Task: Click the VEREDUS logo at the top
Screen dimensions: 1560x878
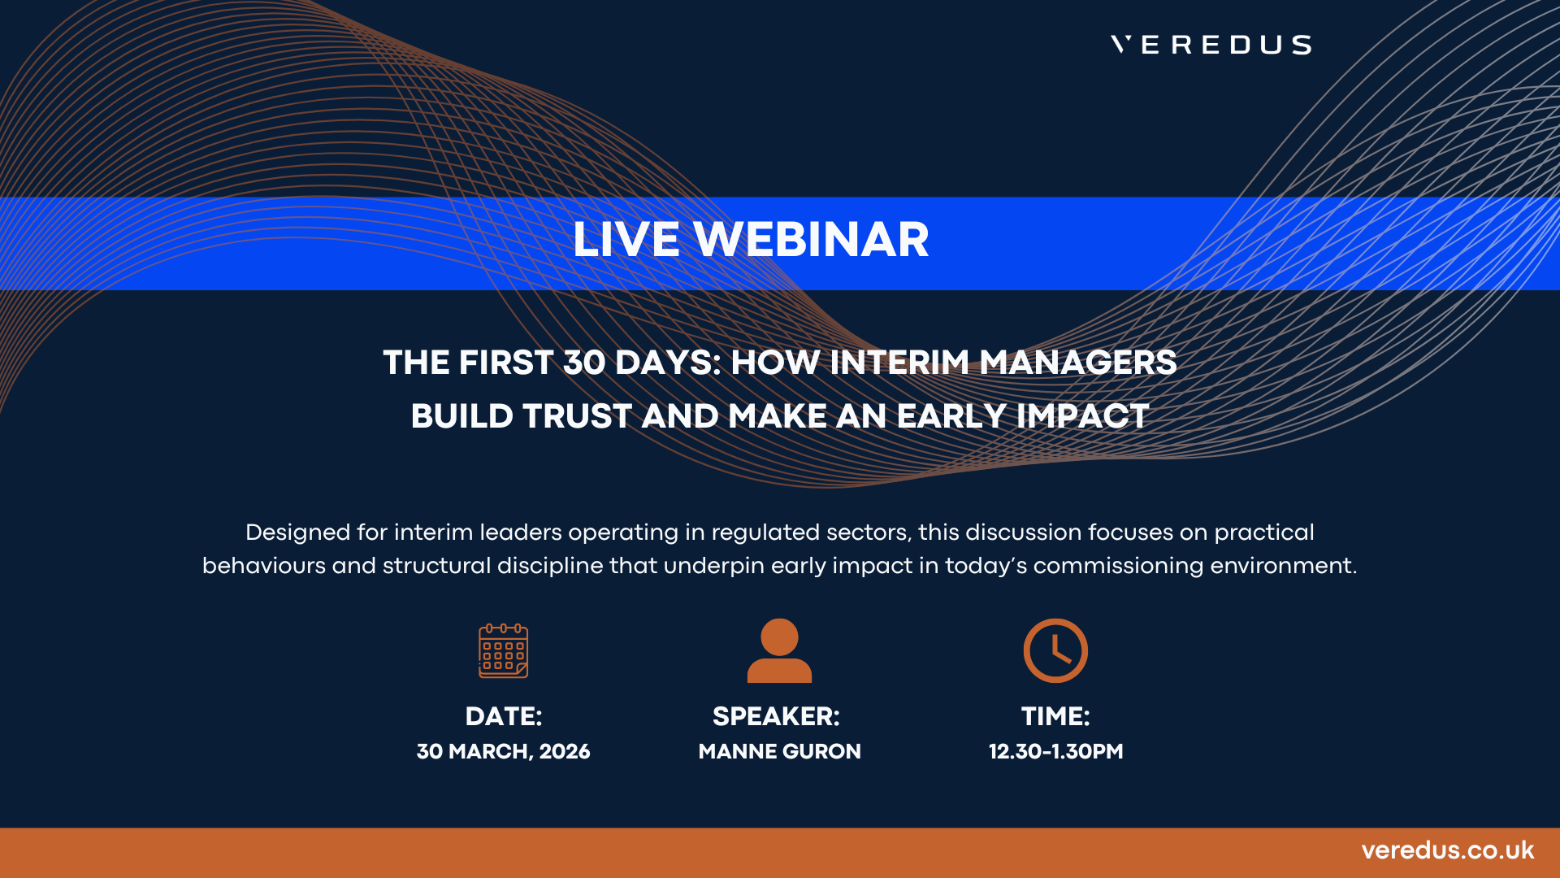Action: coord(1211,45)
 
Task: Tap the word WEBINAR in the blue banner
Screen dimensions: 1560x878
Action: coord(811,240)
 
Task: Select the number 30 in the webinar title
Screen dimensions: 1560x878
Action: coord(584,363)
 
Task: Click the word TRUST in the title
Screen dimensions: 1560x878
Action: coord(577,416)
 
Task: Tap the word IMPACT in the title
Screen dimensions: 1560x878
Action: coord(1082,416)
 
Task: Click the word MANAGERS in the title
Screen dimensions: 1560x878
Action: coord(1078,363)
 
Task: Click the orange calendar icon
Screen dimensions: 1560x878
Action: coord(504,650)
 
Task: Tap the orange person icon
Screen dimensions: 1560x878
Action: coord(779,650)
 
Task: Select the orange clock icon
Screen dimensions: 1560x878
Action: coord(1055,650)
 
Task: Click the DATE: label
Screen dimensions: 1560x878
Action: coord(504,716)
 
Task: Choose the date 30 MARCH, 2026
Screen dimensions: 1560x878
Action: coord(504,752)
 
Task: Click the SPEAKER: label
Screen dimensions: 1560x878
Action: coord(776,716)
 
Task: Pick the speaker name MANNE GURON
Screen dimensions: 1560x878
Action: coord(780,752)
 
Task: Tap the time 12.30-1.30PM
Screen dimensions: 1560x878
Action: coord(1056,752)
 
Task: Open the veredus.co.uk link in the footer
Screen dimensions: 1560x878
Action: coord(1448,850)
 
